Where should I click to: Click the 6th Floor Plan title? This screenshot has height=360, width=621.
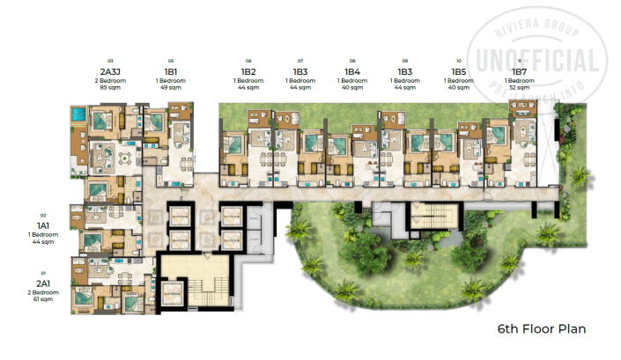click(541, 328)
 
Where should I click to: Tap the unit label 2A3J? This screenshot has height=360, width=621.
click(110, 71)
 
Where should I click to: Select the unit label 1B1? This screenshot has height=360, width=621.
click(171, 71)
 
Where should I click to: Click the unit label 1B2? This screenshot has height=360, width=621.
click(248, 71)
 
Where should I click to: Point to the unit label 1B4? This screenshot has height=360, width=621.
click(351, 71)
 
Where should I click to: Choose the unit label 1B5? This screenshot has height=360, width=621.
click(458, 71)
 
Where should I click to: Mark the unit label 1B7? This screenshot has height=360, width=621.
click(519, 71)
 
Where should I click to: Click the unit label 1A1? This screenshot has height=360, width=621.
click(41, 225)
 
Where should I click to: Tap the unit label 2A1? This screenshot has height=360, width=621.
click(41, 283)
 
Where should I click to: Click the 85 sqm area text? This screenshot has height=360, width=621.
click(110, 88)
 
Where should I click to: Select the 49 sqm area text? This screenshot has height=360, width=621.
click(171, 88)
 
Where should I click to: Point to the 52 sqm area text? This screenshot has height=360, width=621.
click(519, 88)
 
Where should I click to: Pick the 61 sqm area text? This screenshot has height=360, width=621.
click(41, 300)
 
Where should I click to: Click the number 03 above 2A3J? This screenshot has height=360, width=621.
click(110, 61)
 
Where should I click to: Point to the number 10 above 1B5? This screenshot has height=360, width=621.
click(458, 61)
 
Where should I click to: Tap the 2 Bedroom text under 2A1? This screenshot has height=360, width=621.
click(41, 293)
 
